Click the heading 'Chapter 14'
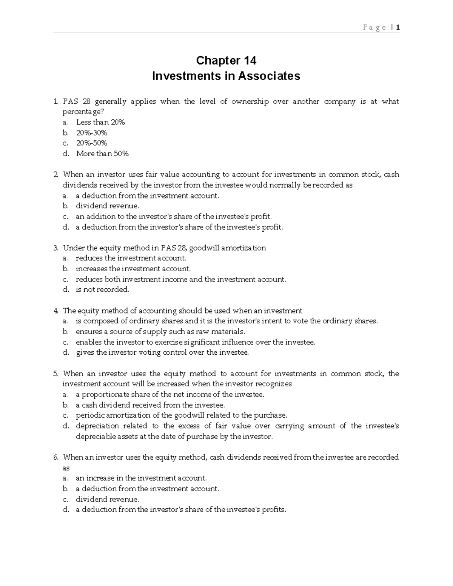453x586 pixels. [x=226, y=60]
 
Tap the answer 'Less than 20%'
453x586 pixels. [x=100, y=122]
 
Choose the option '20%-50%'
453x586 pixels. [x=92, y=143]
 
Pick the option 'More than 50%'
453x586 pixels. [x=102, y=154]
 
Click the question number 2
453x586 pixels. [x=56, y=174]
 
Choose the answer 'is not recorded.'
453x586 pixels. [x=102, y=290]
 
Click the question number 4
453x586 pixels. [x=56, y=311]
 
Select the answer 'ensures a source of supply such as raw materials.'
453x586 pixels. [x=160, y=332]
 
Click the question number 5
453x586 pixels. [x=56, y=374]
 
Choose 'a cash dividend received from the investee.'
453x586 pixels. [x=150, y=405]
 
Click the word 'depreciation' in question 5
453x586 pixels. [x=97, y=426]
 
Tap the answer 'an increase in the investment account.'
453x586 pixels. [x=141, y=478]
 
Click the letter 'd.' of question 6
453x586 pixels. [x=66, y=510]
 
